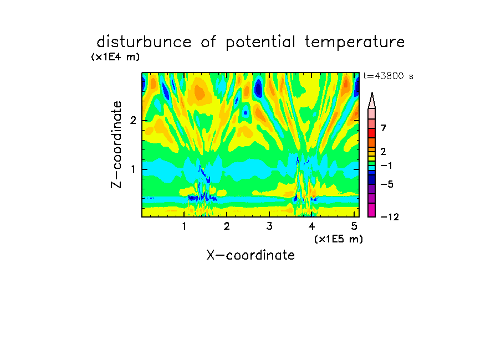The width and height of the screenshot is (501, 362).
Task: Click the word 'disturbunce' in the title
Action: coord(144,42)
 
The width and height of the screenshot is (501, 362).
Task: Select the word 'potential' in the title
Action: coord(260,43)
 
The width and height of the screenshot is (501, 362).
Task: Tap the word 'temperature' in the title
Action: coord(355,43)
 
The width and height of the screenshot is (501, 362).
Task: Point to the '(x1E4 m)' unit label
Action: coord(115,57)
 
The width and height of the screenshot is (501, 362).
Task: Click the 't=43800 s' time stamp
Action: coord(388,76)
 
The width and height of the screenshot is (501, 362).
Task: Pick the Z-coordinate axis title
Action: coord(116,144)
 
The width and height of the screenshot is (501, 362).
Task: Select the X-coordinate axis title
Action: coord(250,255)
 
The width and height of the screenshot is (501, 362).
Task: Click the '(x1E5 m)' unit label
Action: coord(339,239)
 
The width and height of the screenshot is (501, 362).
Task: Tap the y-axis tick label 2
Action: coord(133,121)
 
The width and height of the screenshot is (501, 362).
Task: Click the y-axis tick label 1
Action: coord(133,169)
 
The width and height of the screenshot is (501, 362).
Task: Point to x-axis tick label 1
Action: coord(184,226)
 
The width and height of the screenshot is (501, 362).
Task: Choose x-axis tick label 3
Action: coord(269,226)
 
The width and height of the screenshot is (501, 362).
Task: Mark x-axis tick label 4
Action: coord(312,226)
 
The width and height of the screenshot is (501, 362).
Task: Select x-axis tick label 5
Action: coord(354,226)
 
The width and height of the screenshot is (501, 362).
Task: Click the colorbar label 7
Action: coord(384,128)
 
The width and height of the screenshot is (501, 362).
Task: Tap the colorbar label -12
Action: coord(390,217)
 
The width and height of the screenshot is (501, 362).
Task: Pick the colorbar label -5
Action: coord(387,184)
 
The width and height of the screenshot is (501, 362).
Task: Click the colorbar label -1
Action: coord(386,166)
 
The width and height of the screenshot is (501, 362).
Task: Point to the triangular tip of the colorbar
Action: coord(372,93)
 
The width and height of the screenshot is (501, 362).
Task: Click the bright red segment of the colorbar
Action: coord(372,133)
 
